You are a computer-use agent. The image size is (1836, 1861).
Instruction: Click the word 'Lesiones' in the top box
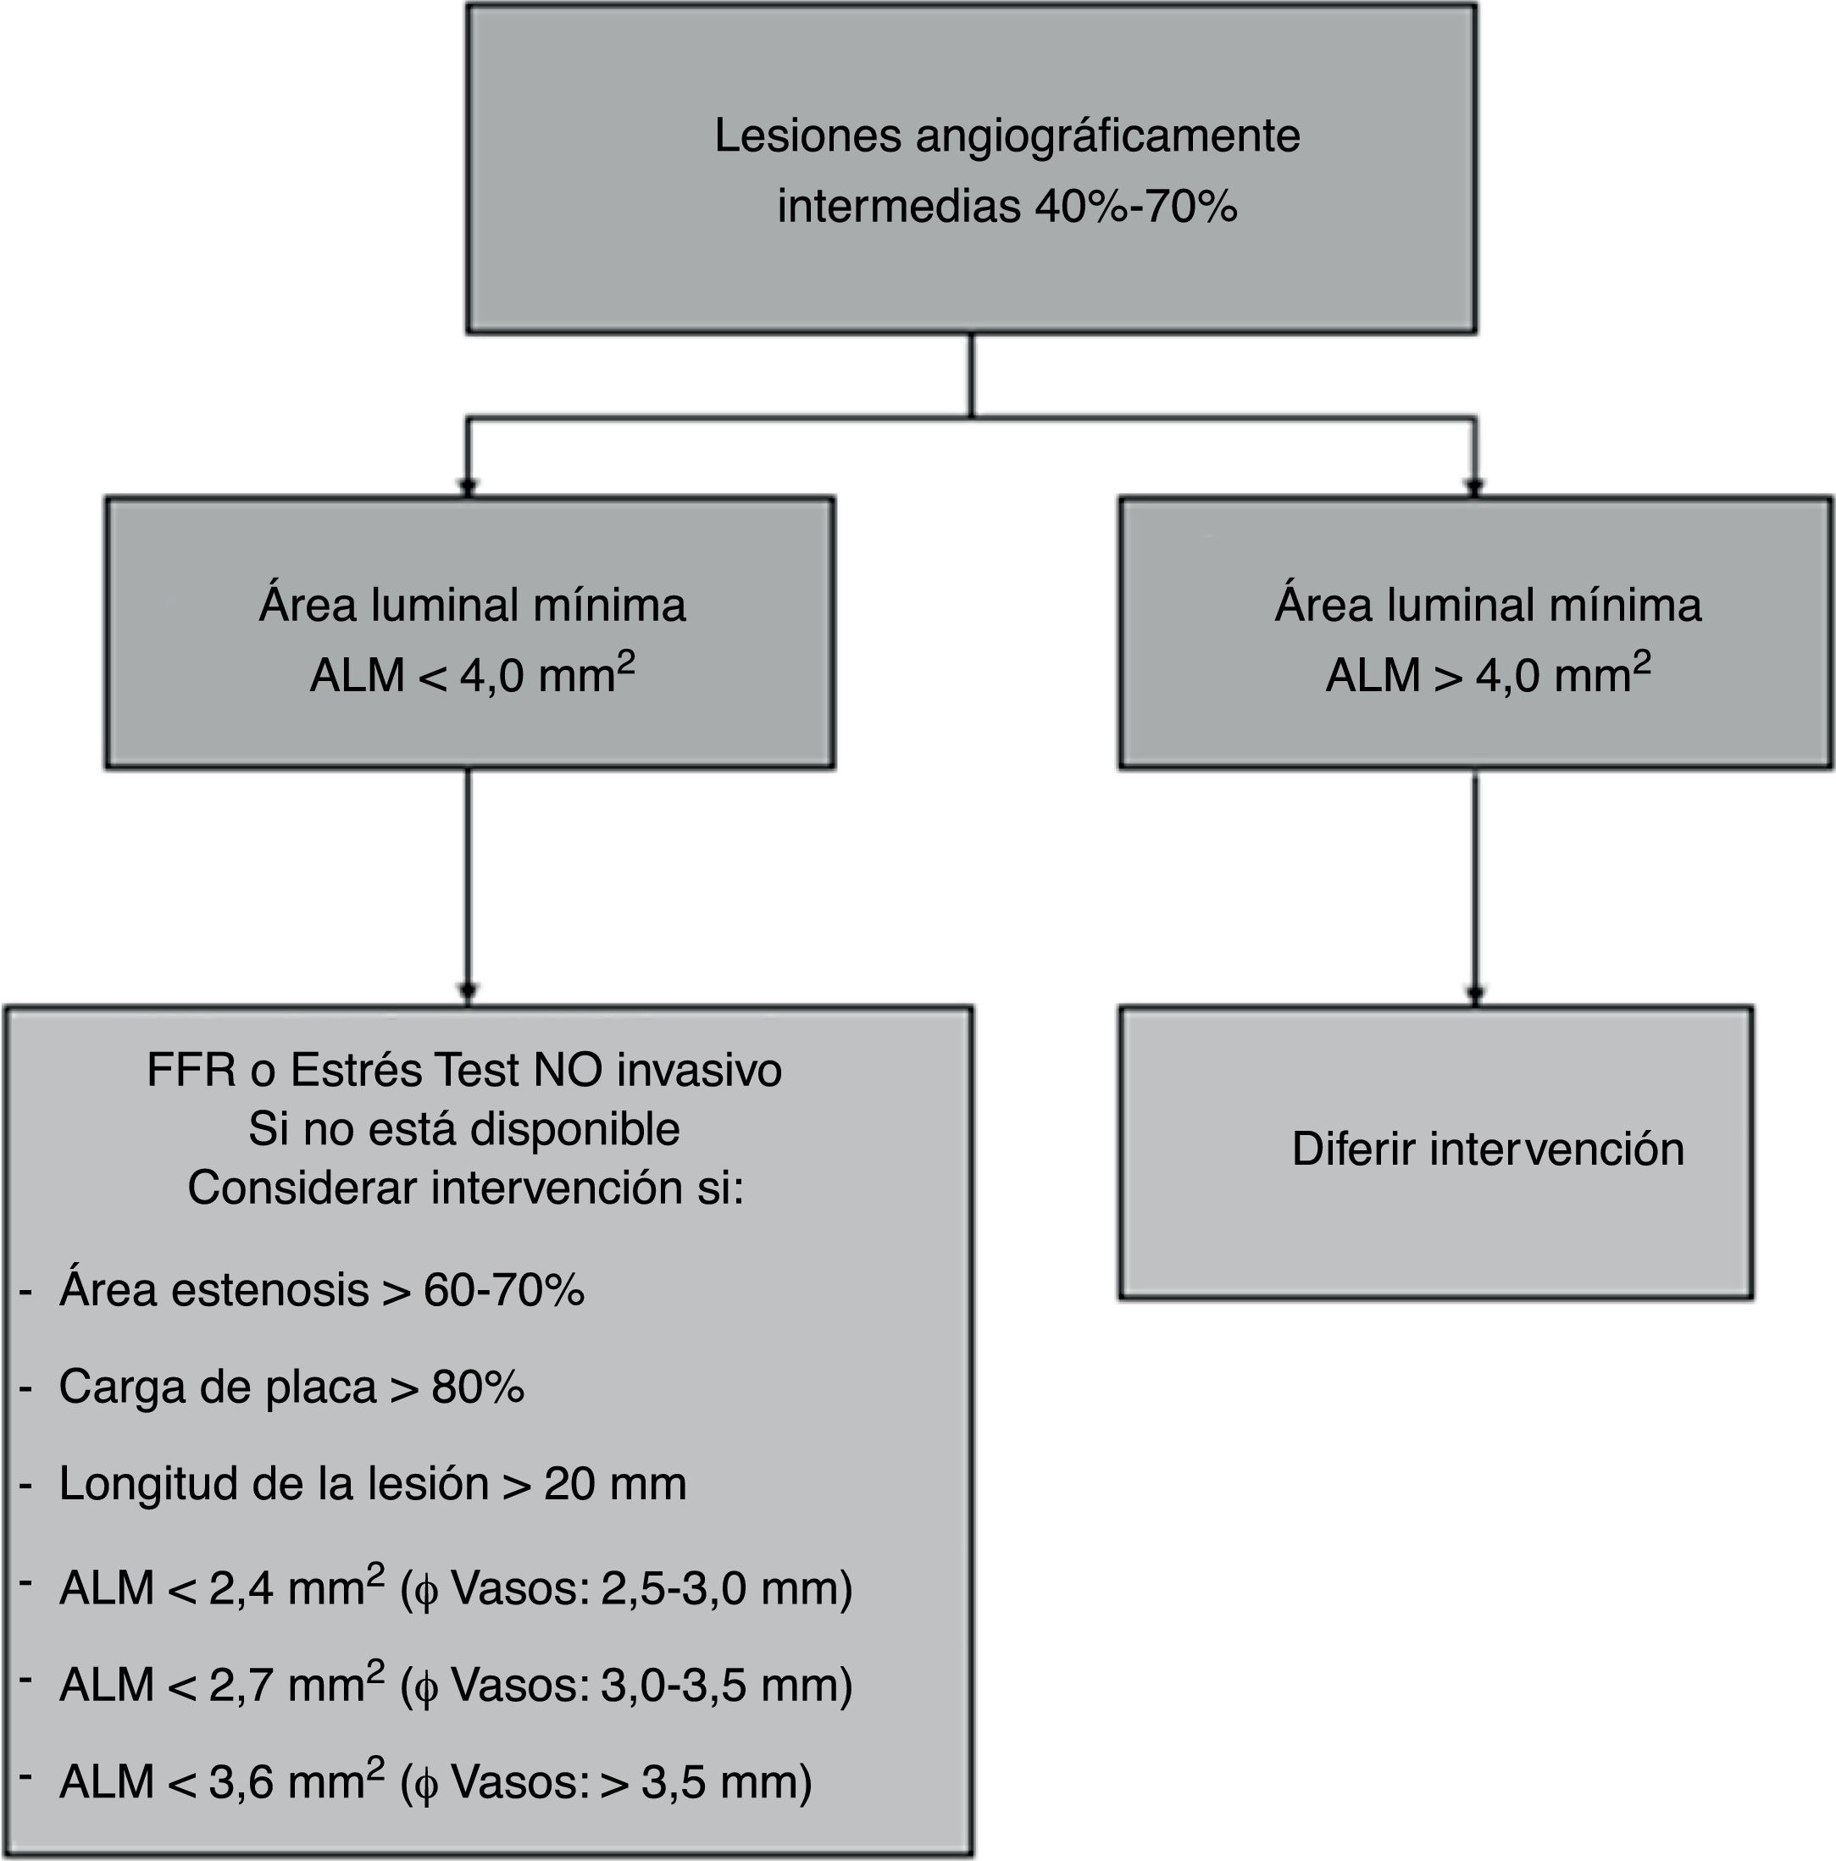click(807, 136)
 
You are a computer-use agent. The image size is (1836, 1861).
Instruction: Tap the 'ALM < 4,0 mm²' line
click(472, 675)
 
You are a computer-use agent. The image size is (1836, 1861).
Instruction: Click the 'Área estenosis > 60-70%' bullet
click(321, 1290)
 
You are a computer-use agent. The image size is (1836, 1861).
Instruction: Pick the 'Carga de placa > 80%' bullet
click(291, 1387)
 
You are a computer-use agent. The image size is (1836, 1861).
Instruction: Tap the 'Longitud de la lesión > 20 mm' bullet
click(372, 1483)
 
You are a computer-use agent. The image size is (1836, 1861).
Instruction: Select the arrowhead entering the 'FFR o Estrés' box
click(469, 993)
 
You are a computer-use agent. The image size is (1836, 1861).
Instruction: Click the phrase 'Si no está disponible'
click(463, 1129)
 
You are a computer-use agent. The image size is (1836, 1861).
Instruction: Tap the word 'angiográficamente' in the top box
click(1107, 136)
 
